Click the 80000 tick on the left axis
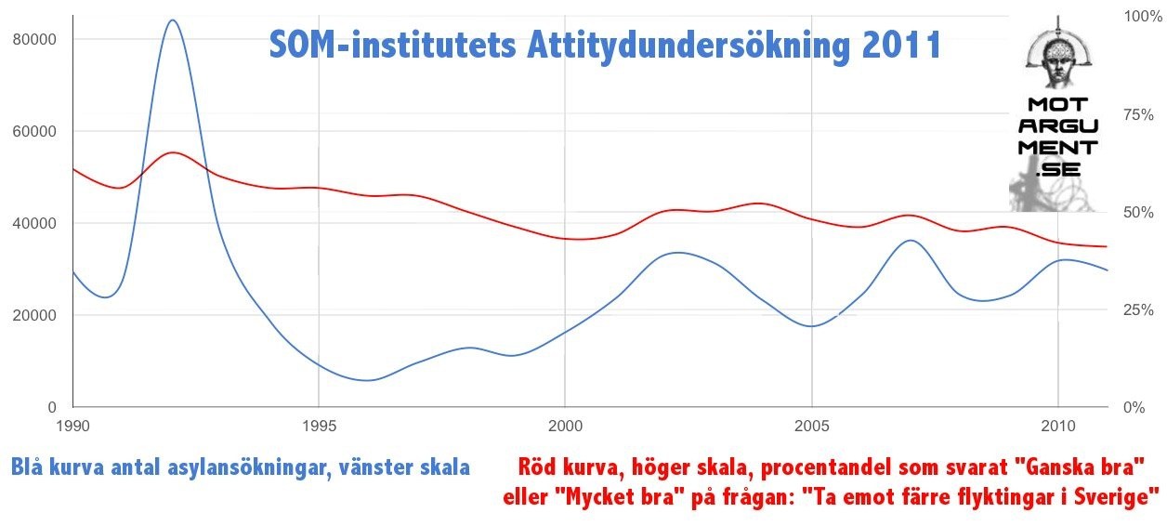tap(35, 39)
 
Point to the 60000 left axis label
tap(35, 131)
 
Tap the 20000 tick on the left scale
tap(35, 315)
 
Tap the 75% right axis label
tap(1139, 114)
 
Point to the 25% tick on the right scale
tap(1139, 309)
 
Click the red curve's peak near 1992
tap(173, 152)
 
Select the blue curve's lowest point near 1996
tap(368, 380)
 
